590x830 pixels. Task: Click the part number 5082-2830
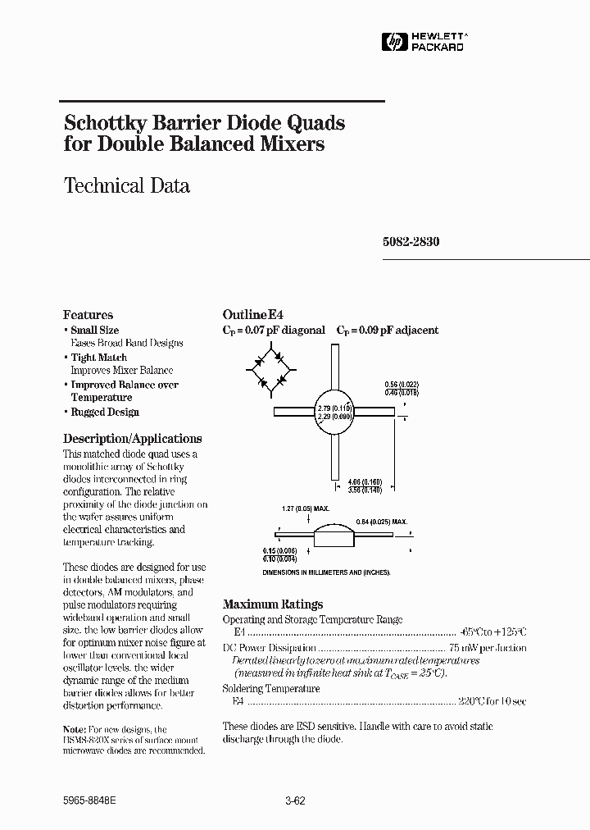[411, 243]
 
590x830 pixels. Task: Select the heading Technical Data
[127, 186]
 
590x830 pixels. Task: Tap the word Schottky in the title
[103, 123]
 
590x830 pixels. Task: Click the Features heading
[88, 315]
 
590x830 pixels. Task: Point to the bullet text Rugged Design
[105, 412]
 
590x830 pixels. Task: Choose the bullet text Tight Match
[98, 358]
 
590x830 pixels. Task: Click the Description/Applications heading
[132, 439]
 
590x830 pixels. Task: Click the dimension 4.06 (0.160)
[365, 481]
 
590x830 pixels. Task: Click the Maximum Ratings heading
[273, 604]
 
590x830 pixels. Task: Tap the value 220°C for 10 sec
[493, 702]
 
